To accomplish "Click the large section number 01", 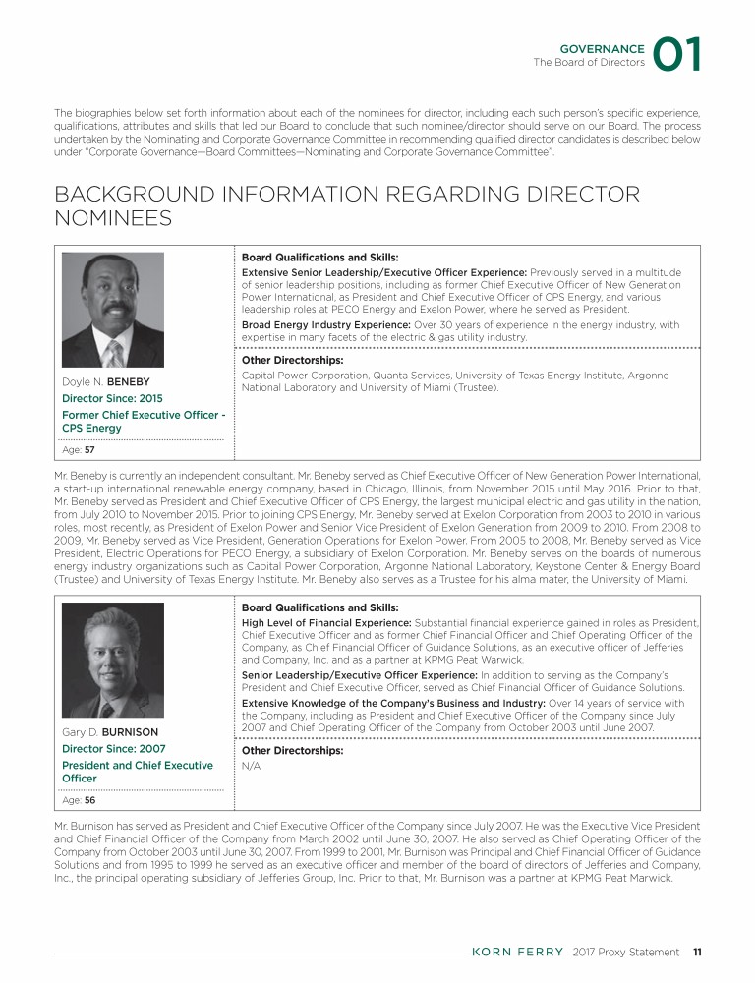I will [x=678, y=55].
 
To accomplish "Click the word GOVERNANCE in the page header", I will [x=602, y=48].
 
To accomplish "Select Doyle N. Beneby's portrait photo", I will [x=113, y=310].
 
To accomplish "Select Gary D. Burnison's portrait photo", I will [x=113, y=660].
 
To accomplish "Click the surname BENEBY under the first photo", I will [x=128, y=380].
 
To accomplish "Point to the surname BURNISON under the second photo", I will [x=132, y=732].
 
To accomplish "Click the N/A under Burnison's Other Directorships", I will [x=250, y=764].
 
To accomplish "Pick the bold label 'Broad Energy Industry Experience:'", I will [x=325, y=325].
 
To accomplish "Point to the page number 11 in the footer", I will [x=696, y=952].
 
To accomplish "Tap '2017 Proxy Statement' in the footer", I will [x=625, y=952].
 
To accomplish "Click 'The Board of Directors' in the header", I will [x=589, y=63].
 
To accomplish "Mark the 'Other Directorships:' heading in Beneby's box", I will [x=288, y=361].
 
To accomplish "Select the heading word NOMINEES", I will [x=112, y=219].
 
